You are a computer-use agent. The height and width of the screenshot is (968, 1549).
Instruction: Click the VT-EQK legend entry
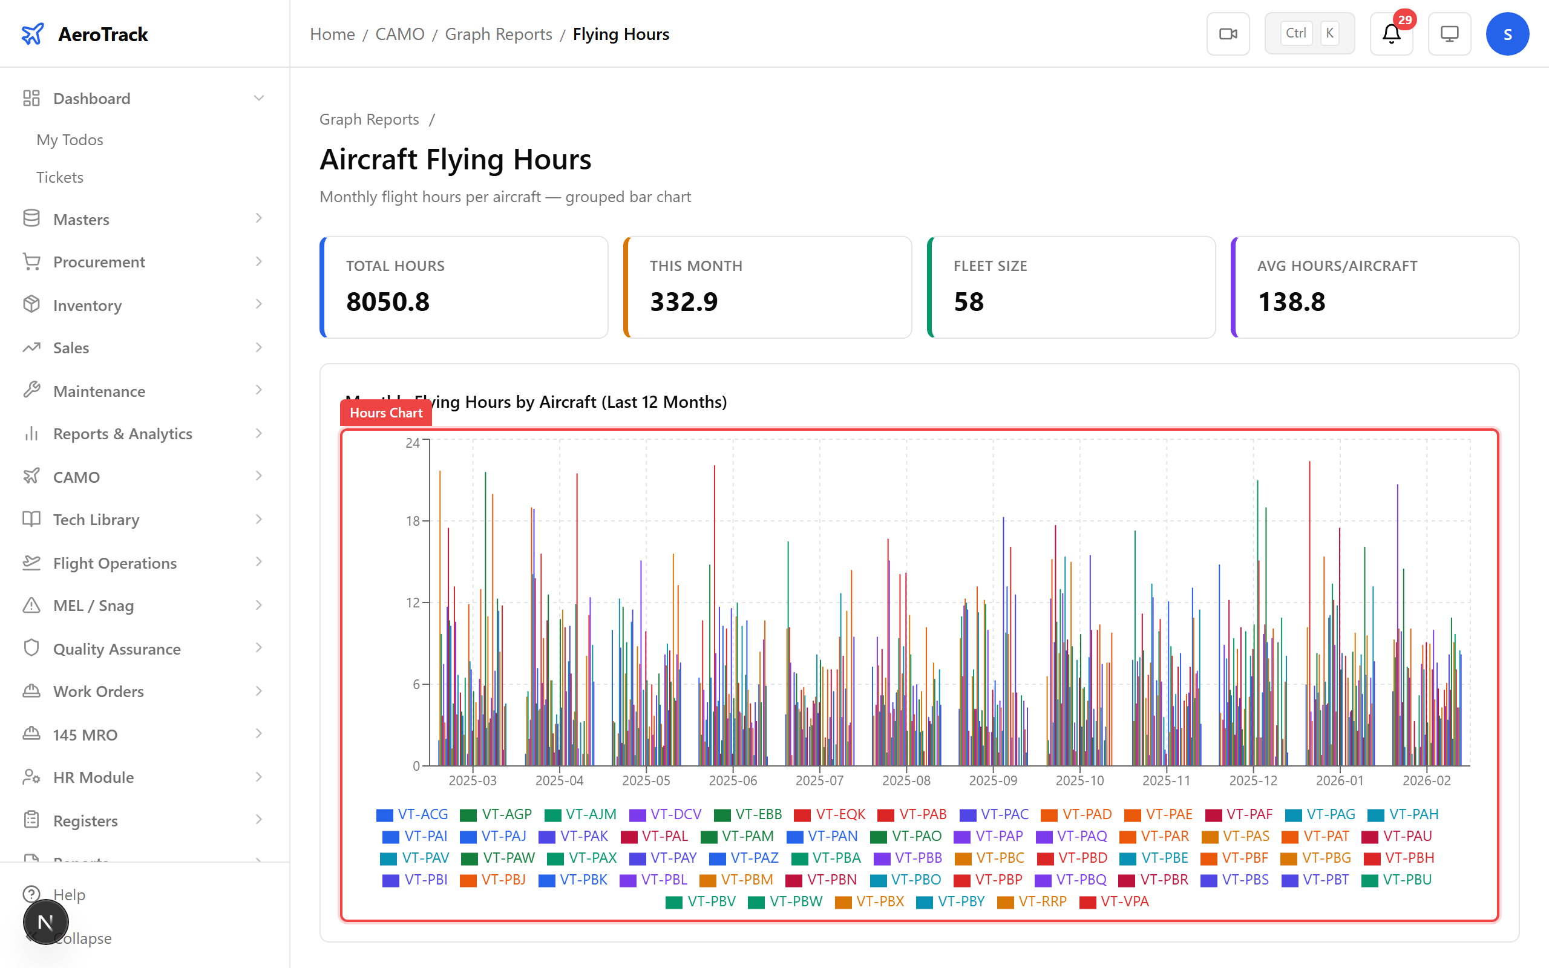830,814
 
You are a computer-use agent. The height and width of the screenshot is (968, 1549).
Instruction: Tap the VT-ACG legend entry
412,814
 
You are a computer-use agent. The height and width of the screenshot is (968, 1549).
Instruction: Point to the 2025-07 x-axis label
819,780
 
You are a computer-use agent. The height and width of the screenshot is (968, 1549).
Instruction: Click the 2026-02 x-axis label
1426,780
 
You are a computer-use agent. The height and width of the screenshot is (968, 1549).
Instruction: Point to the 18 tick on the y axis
413,521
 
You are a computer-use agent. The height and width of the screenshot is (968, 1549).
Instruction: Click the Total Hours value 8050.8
388,301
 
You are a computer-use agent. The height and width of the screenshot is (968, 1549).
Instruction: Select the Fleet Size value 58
969,301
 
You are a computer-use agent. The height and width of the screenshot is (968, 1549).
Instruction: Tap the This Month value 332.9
684,301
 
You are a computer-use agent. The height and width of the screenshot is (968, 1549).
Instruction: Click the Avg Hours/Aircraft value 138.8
1291,301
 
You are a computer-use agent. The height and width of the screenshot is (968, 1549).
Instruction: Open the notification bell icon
1391,34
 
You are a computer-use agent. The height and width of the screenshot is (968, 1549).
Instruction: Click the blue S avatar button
1507,34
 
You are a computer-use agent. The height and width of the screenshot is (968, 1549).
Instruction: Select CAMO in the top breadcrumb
399,34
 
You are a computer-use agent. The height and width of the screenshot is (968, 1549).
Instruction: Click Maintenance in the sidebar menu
99,391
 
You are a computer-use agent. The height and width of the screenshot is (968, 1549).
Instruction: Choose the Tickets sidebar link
59,177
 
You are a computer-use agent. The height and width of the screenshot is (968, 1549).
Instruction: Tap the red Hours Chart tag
386,413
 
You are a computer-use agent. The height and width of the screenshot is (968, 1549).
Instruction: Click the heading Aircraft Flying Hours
455,159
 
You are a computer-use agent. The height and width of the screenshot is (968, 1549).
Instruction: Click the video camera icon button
1228,34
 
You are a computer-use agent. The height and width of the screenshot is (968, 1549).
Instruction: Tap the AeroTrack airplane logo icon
33,34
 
